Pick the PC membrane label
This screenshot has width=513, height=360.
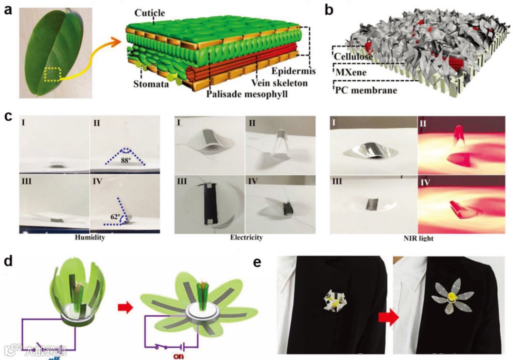(x=366, y=90)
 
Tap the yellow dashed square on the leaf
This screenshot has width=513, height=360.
(x=53, y=74)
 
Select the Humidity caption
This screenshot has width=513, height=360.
(x=90, y=238)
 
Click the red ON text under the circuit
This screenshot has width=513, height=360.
(x=179, y=355)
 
